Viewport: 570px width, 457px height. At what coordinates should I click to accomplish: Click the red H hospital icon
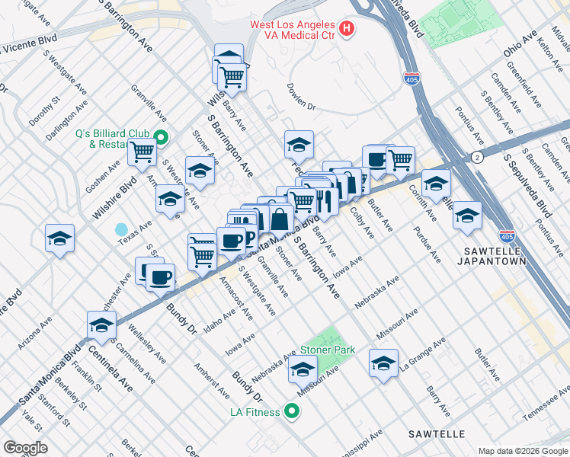pos(347,30)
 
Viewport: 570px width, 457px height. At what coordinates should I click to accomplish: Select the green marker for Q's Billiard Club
pos(162,138)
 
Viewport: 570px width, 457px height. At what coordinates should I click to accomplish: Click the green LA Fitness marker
pos(290,412)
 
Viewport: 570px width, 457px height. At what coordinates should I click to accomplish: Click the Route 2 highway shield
pos(476,157)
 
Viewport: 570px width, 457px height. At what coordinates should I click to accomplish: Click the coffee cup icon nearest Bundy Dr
pos(160,278)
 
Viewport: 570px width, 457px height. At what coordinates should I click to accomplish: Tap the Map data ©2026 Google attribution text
pos(524,451)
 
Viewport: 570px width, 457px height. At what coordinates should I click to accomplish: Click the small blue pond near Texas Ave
pos(121,228)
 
